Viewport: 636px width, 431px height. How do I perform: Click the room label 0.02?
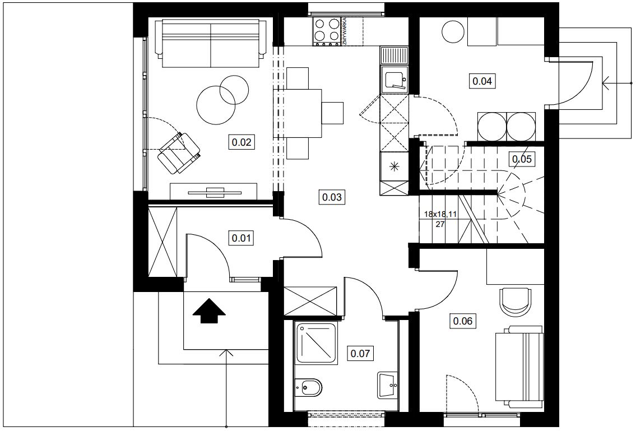tap(242, 142)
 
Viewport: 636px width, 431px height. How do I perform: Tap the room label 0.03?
tap(332, 197)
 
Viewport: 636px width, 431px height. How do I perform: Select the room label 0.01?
tap(242, 238)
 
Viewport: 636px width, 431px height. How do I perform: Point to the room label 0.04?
tap(482, 81)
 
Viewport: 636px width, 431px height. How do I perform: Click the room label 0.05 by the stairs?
tap(522, 159)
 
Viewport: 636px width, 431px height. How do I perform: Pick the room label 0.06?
tap(462, 321)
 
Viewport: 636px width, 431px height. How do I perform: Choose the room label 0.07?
tap(360, 354)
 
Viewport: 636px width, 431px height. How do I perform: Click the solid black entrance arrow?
tap(209, 310)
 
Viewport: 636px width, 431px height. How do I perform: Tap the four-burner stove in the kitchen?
tap(327, 31)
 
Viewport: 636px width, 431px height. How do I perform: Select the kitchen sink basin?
tap(394, 80)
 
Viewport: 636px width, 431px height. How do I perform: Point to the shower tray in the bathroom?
tap(317, 343)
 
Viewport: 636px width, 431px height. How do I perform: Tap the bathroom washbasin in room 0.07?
tap(387, 384)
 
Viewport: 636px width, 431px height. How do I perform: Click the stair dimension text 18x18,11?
tap(440, 214)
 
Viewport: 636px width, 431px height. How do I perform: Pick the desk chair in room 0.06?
tap(515, 300)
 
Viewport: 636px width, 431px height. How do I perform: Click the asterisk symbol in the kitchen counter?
tap(394, 165)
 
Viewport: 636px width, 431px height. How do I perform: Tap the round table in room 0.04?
tap(453, 31)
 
